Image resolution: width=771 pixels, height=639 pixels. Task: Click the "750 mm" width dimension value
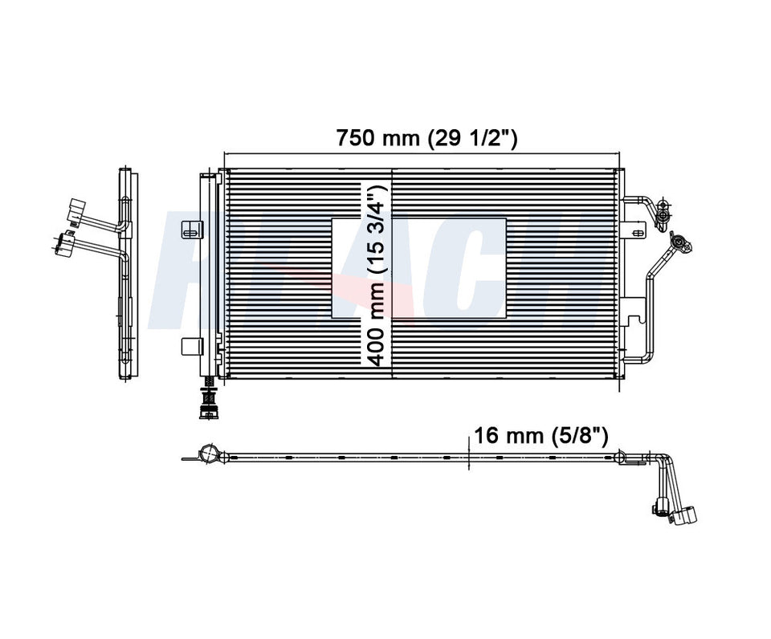[377, 138]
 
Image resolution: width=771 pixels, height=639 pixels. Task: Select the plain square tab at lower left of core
[190, 346]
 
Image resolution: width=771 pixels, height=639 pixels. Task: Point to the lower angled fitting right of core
[679, 242]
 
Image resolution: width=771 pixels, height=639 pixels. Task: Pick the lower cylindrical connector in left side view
[63, 242]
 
